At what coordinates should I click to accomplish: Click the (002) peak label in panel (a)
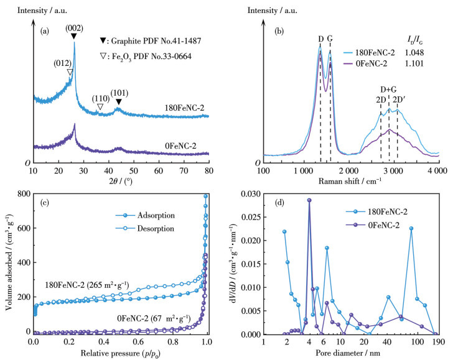point(74,27)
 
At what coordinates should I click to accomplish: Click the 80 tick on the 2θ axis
point(209,170)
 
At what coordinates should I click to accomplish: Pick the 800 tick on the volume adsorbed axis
point(22,194)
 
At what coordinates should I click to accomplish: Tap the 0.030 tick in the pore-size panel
point(248,194)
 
